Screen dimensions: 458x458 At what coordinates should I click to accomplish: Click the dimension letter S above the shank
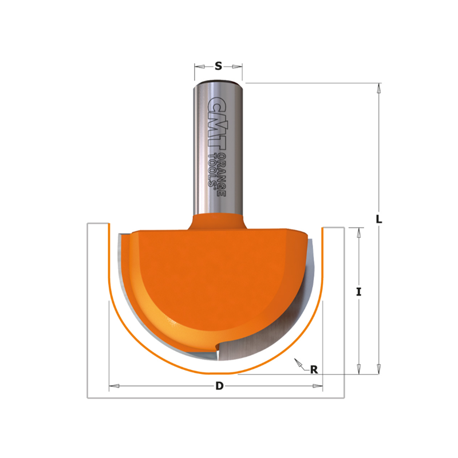coord(218,66)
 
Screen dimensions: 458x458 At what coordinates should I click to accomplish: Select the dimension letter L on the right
coord(379,219)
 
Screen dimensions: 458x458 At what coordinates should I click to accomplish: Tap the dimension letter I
coord(359,292)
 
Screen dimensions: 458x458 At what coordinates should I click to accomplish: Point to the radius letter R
coord(314,370)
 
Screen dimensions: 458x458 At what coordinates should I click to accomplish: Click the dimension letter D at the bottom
coord(219,386)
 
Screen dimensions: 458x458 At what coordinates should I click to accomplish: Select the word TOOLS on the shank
coord(211,170)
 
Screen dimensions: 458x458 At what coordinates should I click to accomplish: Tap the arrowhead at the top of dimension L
coord(379,88)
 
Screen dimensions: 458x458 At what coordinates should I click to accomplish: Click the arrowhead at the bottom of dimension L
coord(379,369)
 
